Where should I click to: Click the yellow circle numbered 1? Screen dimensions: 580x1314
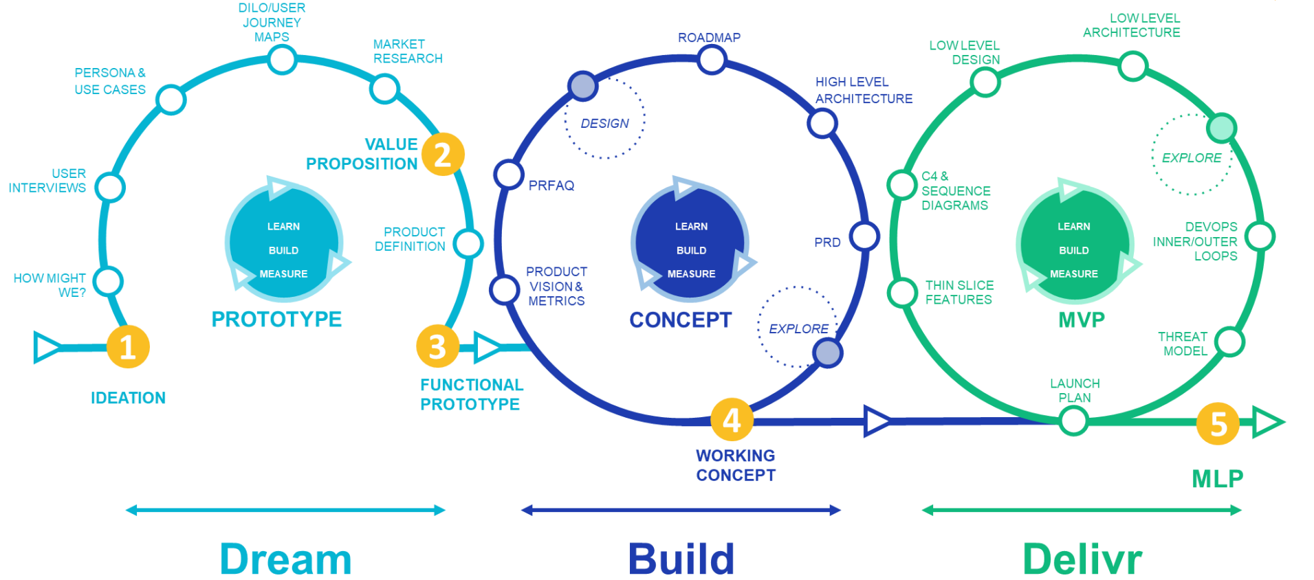pyautogui.click(x=128, y=347)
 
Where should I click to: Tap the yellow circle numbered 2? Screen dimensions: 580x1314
pyautogui.click(x=443, y=154)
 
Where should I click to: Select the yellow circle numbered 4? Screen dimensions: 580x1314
pyautogui.click(x=732, y=420)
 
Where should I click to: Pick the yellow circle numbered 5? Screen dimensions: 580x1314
pyautogui.click(x=1218, y=424)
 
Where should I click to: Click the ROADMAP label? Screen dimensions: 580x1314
pyautogui.click(x=709, y=38)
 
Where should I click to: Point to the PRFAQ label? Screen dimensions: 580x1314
pyautogui.click(x=551, y=186)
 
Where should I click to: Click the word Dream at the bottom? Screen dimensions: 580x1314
pyautogui.click(x=285, y=559)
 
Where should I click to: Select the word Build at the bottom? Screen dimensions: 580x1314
pyautogui.click(x=681, y=559)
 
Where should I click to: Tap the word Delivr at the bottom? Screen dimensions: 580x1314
pyautogui.click(x=1082, y=559)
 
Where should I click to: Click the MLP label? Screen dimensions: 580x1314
pyautogui.click(x=1217, y=478)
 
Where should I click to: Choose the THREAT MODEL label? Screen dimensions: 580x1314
pyautogui.click(x=1183, y=344)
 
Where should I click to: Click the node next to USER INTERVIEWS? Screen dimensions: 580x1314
pyautogui.click(x=110, y=187)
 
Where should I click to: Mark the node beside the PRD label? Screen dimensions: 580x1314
pyautogui.click(x=864, y=236)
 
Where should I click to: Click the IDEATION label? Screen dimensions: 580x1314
pyautogui.click(x=128, y=398)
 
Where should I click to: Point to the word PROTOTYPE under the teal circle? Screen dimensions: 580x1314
pyautogui.click(x=276, y=320)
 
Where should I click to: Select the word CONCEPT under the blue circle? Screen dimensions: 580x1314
pyautogui.click(x=681, y=320)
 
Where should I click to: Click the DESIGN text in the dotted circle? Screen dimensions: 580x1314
pyautogui.click(x=605, y=124)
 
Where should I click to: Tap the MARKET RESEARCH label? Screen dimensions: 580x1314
pyautogui.click(x=408, y=52)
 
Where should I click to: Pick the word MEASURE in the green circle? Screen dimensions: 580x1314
pyautogui.click(x=1074, y=274)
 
